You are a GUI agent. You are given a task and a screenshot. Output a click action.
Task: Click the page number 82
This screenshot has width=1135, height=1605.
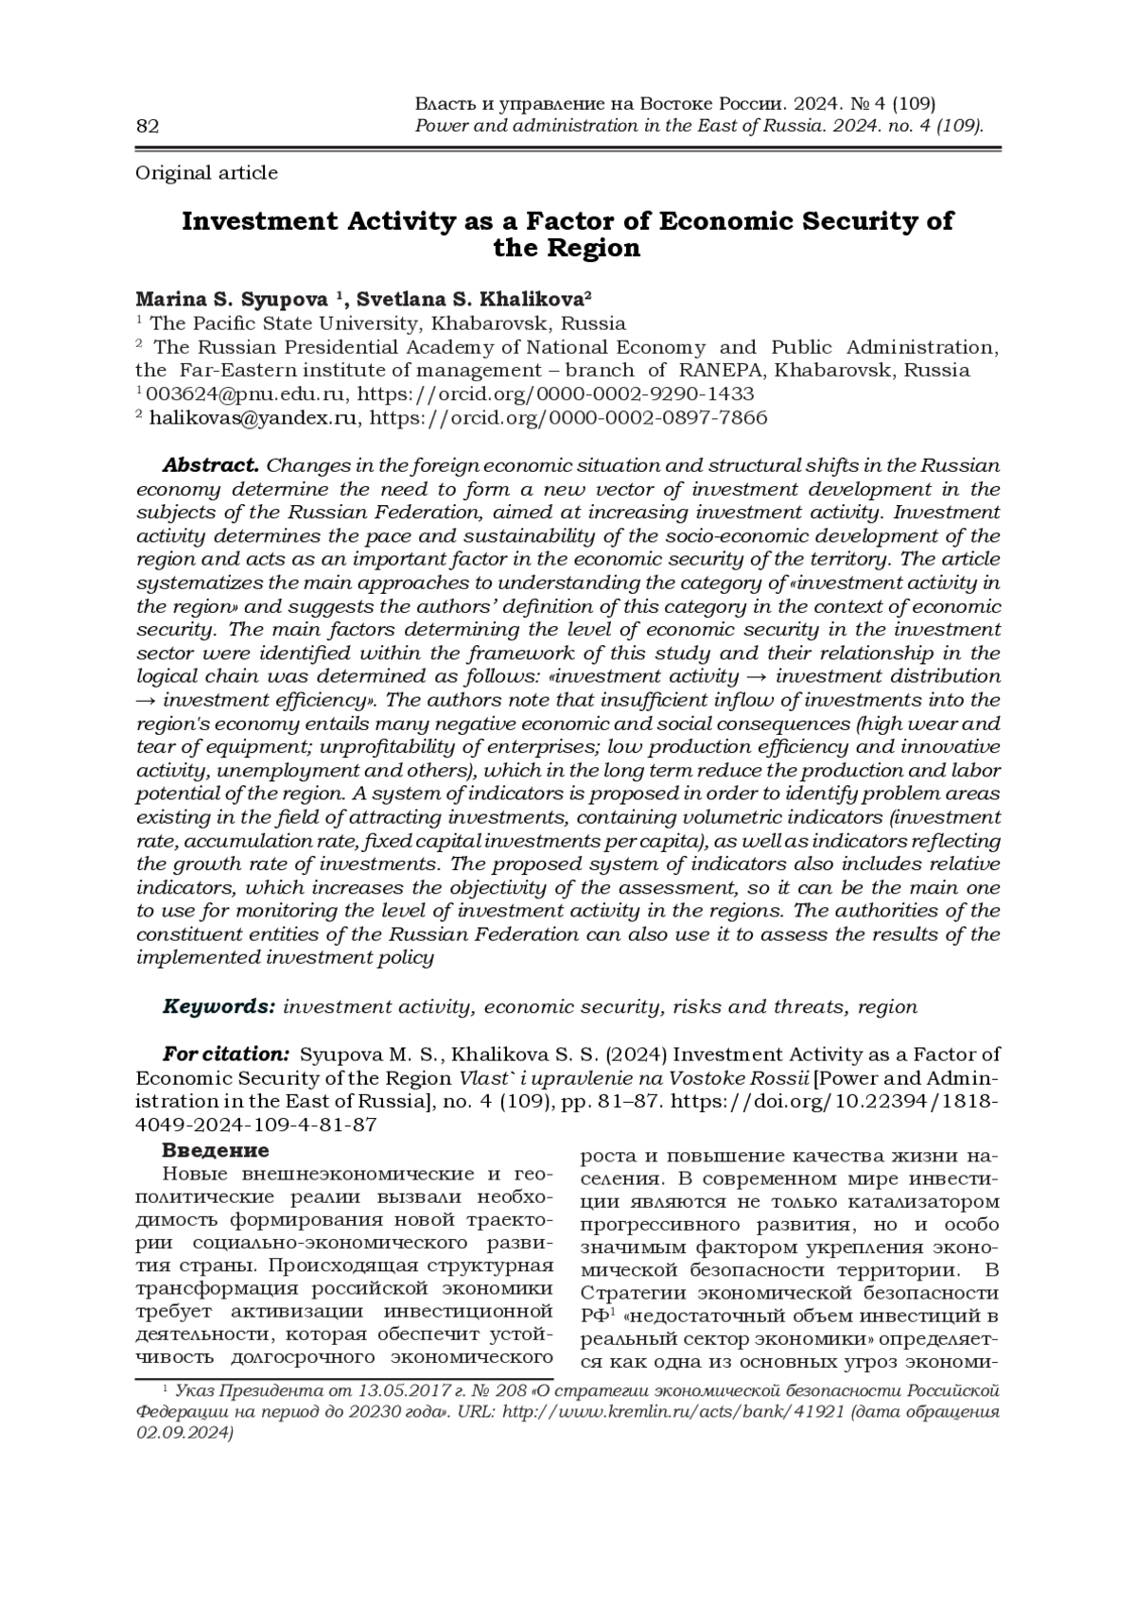coord(148,127)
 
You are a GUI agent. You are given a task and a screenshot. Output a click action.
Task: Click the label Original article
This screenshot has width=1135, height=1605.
coord(207,173)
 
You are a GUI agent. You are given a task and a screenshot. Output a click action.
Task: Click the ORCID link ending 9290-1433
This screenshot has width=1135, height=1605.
coord(557,393)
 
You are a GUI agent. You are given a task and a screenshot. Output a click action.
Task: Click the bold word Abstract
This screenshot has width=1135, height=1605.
coord(210,465)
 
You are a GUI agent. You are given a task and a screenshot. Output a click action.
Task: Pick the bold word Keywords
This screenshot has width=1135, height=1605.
coord(219,1006)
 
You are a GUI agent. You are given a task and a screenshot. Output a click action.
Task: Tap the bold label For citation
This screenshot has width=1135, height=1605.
coord(226,1055)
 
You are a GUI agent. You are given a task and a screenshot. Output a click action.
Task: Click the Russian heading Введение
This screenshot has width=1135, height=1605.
coord(216,1151)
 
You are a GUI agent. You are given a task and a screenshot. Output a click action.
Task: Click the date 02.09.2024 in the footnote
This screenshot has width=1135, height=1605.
coord(184,1434)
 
